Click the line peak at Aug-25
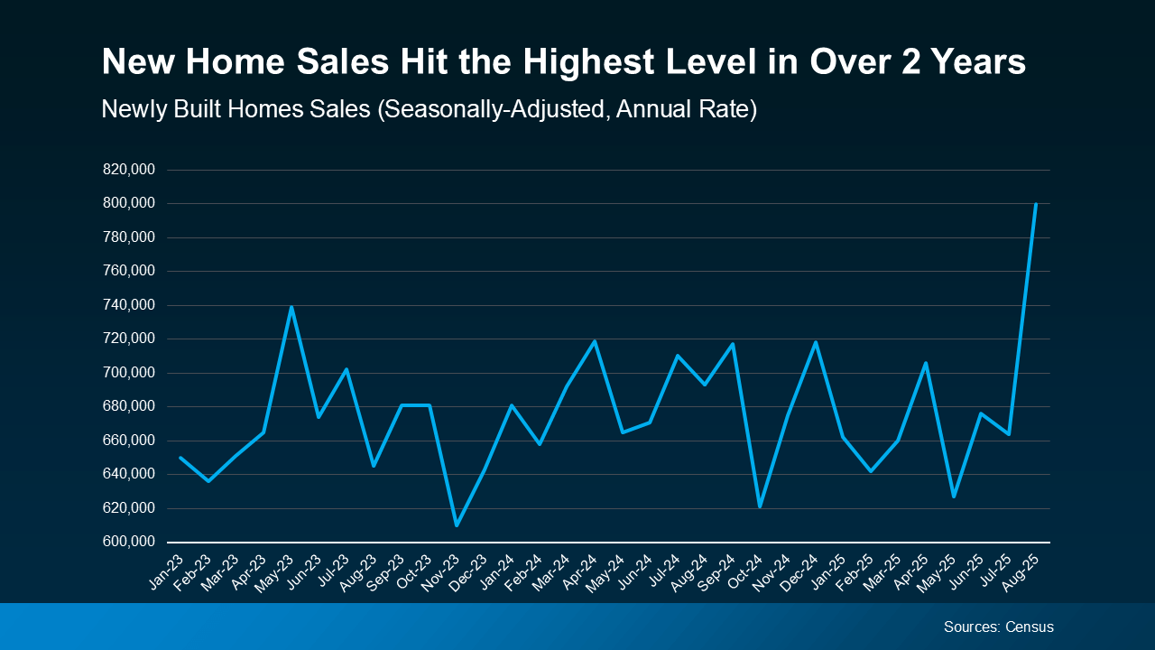pyautogui.click(x=1035, y=204)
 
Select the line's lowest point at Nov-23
pyautogui.click(x=457, y=525)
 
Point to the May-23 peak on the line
pyautogui.click(x=291, y=307)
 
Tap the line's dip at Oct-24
pyautogui.click(x=760, y=506)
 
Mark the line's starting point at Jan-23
pyautogui.click(x=180, y=458)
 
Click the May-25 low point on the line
pyautogui.click(x=953, y=496)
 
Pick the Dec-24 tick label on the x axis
pyautogui.click(x=799, y=571)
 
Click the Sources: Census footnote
pyautogui.click(x=998, y=627)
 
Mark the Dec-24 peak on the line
pyautogui.click(x=816, y=342)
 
